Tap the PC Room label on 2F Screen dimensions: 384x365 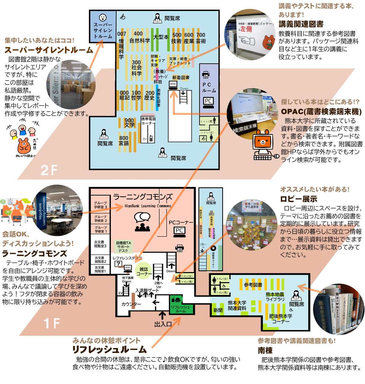coord(209,87)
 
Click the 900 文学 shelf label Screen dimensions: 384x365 coord(129,123)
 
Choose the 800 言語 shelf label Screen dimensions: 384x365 coord(124,141)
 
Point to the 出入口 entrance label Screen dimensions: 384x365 coord(163,324)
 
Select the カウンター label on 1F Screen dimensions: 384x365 coord(131,304)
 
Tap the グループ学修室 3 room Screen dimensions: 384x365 coord(101,205)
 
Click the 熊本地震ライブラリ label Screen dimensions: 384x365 coord(275,297)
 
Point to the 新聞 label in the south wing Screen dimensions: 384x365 coord(218,310)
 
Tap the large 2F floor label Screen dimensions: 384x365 coord(49,170)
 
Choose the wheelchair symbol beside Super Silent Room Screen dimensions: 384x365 coord(122,17)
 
